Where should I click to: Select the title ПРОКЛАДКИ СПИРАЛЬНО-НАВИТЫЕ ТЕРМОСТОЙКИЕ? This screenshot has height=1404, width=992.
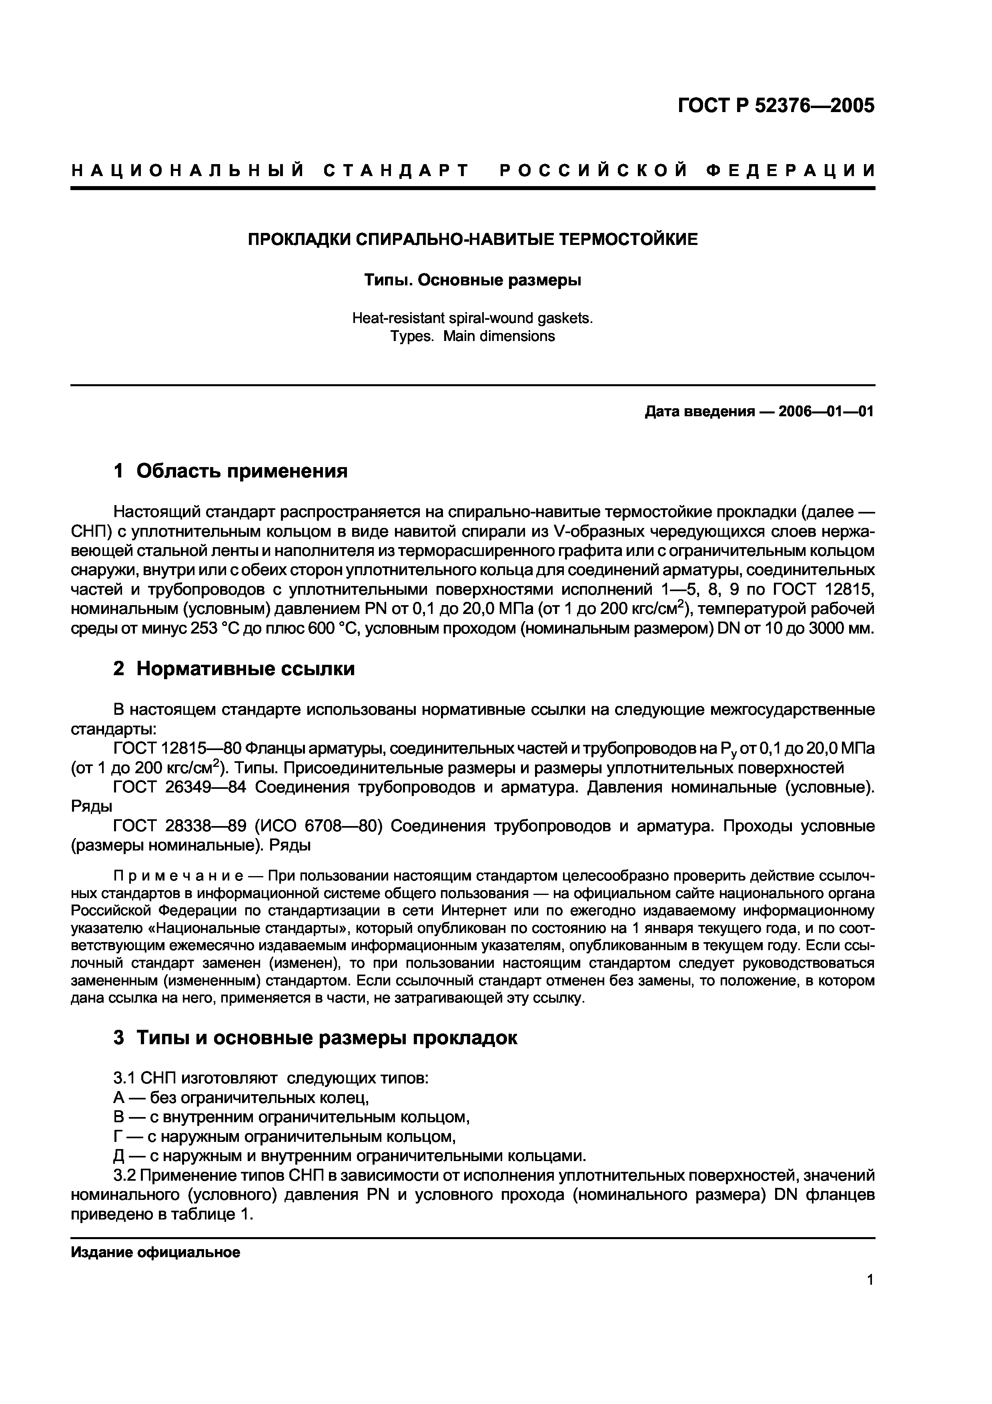point(473,239)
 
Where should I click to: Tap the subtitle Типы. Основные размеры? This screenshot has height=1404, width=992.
point(473,280)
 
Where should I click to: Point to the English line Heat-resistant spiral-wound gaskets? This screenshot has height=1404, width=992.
point(473,318)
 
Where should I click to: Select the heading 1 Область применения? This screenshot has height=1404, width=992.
point(230,471)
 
